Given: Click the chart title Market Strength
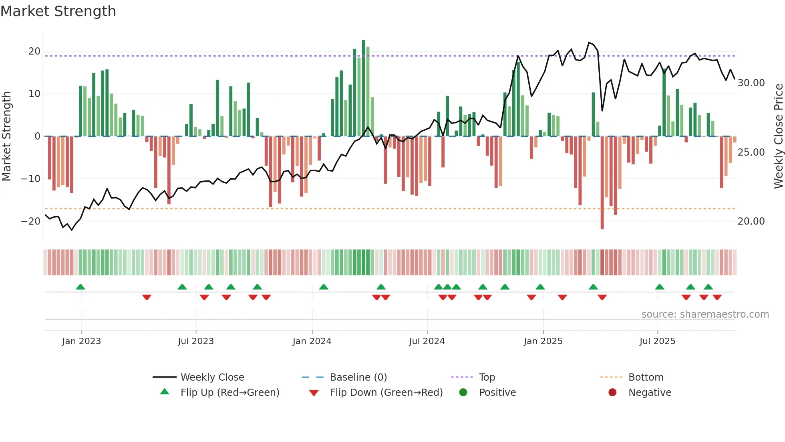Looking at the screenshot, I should click(x=58, y=11).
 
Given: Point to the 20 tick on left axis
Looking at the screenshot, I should click(x=34, y=51).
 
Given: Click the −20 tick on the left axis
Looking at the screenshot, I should click(x=31, y=221).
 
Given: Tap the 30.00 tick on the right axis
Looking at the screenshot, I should click(x=751, y=83).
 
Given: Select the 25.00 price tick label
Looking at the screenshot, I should click(x=751, y=152).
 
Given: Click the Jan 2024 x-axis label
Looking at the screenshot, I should click(x=312, y=341).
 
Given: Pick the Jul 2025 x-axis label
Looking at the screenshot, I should click(x=657, y=341).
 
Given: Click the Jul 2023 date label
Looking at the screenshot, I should click(x=196, y=341).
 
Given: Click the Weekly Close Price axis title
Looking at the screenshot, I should click(x=778, y=136).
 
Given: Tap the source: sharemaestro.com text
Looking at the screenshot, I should click(x=705, y=314).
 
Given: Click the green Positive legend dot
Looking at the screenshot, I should click(x=463, y=393).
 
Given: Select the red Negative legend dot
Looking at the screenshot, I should click(x=612, y=393).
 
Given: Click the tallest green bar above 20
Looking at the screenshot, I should click(x=363, y=88).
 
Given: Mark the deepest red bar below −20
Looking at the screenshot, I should click(x=602, y=182).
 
